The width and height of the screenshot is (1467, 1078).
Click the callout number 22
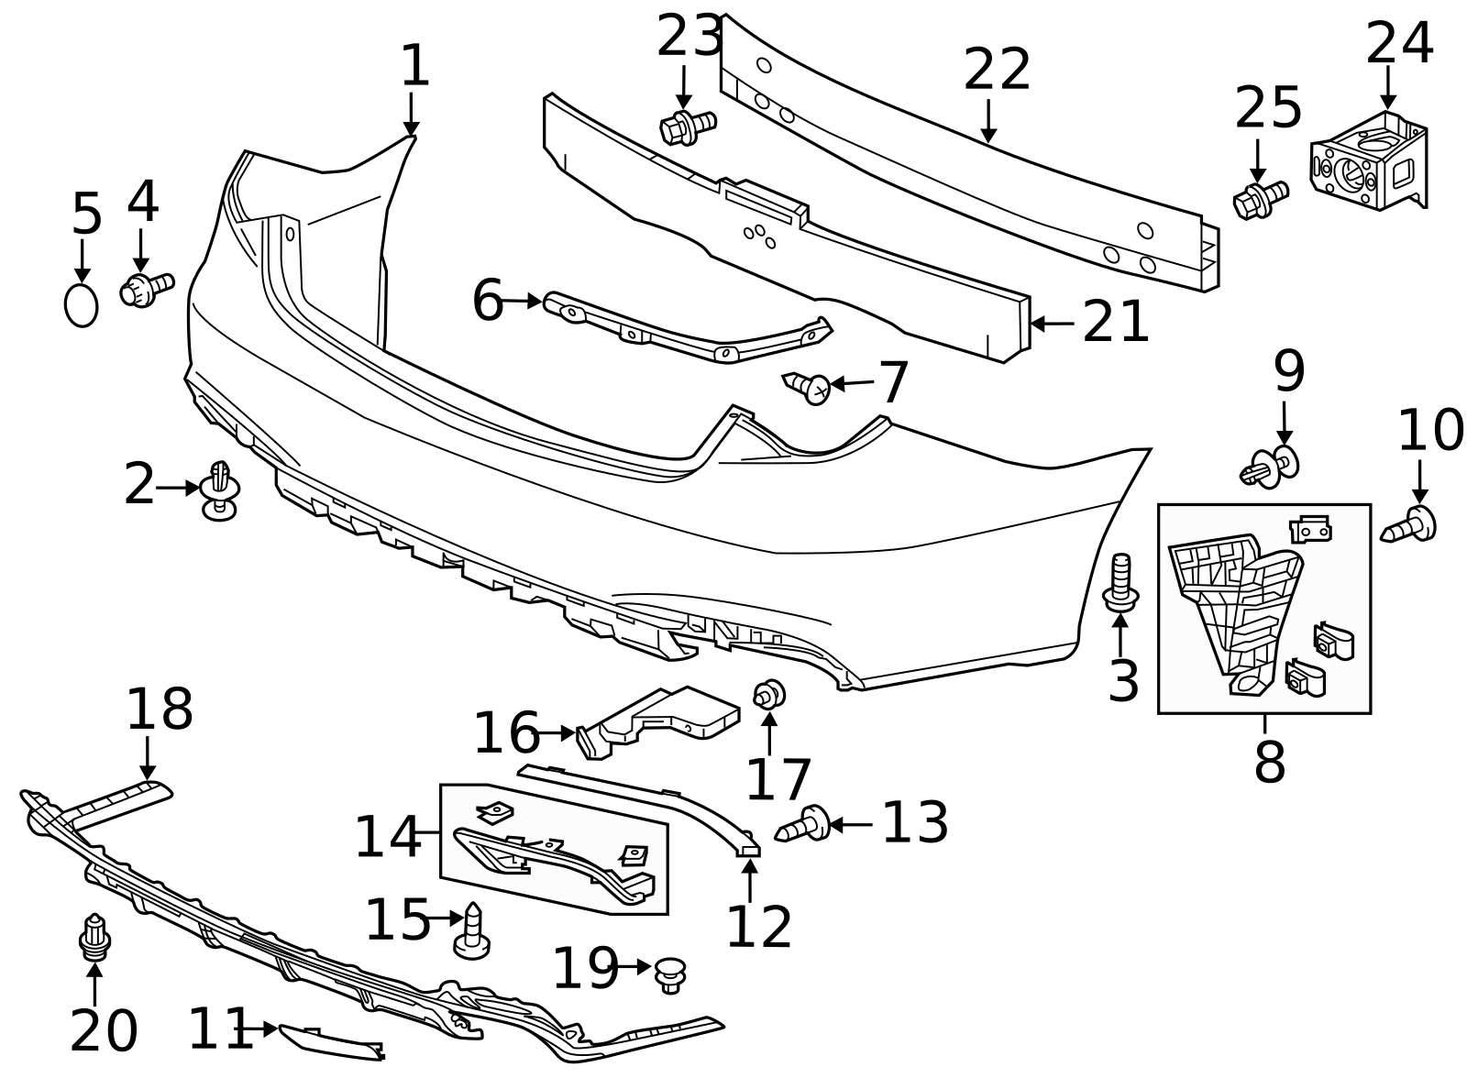click(997, 71)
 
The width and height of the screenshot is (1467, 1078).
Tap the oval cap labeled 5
click(81, 305)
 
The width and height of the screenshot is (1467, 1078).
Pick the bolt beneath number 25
click(1261, 200)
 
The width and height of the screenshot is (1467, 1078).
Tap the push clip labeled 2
click(219, 489)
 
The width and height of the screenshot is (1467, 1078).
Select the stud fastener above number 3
click(1120, 582)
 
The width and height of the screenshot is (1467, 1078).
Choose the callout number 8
click(1269, 761)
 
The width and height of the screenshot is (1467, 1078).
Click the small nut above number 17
click(768, 695)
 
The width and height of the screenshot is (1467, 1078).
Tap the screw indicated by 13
click(804, 823)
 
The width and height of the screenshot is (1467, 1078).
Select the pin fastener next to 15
click(472, 931)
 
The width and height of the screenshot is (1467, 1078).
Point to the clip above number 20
click(94, 937)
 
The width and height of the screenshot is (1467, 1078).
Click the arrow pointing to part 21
click(1052, 324)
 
